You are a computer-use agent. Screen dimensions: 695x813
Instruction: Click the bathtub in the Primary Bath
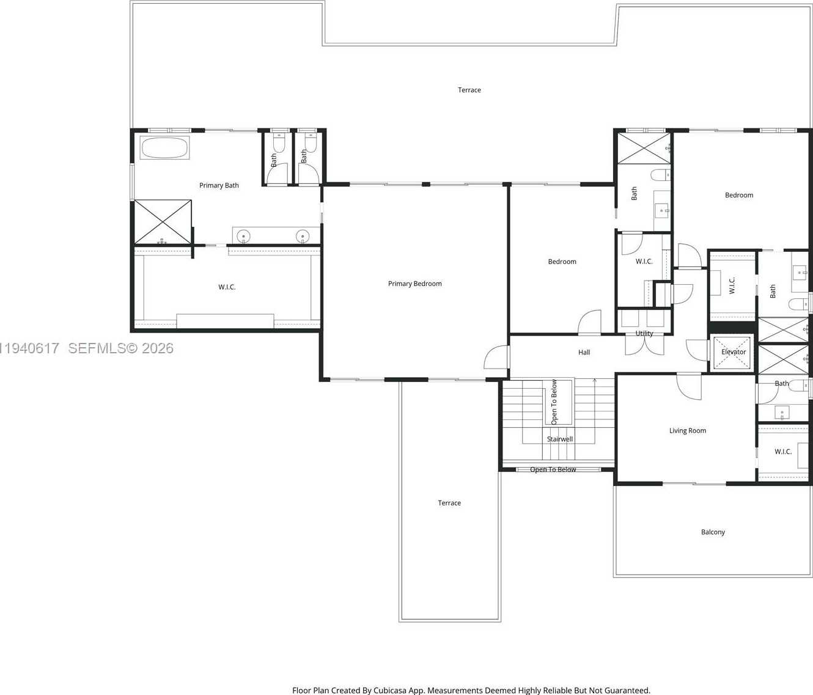(x=164, y=148)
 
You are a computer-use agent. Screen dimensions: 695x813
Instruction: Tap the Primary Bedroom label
(x=414, y=284)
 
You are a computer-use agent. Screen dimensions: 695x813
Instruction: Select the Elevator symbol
(x=732, y=353)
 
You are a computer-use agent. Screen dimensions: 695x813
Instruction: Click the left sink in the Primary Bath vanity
(x=243, y=236)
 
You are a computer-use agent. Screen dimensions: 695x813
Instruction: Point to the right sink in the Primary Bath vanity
(x=303, y=236)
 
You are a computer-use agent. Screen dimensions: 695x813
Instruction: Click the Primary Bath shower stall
(x=163, y=222)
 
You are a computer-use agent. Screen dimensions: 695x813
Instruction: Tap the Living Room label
(x=687, y=431)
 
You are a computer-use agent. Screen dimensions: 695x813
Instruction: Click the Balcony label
(x=713, y=532)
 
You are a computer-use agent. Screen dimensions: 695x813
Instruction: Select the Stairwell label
(x=559, y=439)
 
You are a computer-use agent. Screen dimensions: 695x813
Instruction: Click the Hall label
(x=584, y=353)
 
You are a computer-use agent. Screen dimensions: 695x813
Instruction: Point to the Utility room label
(x=644, y=334)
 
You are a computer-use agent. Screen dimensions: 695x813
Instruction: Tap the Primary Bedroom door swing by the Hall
(x=496, y=358)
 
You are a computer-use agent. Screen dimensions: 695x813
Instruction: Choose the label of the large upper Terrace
(x=469, y=90)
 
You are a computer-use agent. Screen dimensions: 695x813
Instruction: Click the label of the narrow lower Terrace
(x=449, y=503)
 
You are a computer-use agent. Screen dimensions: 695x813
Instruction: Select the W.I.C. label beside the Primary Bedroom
(x=227, y=287)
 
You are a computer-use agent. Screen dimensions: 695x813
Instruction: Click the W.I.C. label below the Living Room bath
(x=782, y=452)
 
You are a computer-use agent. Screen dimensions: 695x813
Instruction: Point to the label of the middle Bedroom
(x=562, y=262)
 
